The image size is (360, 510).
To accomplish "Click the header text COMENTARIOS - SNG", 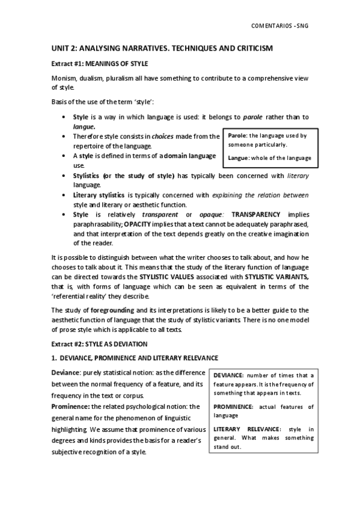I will click(x=282, y=25).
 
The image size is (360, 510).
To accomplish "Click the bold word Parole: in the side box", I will click(x=237, y=136).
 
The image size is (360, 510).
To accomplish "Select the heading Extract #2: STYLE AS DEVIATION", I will click(x=98, y=343).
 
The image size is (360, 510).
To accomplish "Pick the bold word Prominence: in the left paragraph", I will click(x=70, y=406).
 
